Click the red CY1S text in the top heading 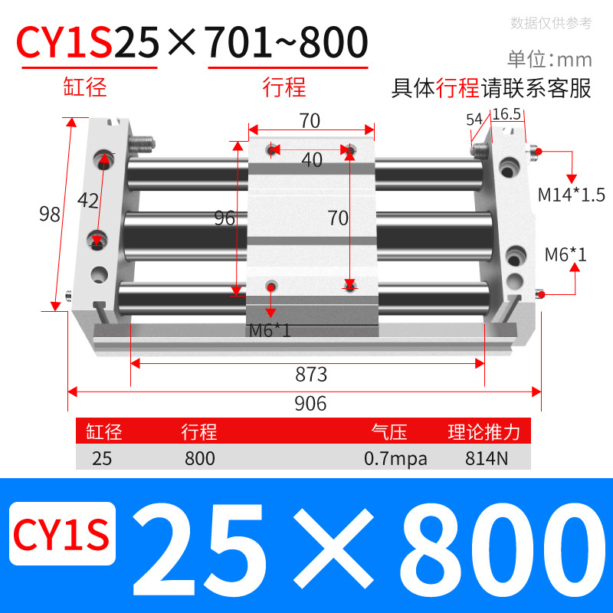tap(66, 44)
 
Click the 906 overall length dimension tap(310, 403)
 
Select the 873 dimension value tap(311, 375)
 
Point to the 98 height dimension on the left tap(50, 215)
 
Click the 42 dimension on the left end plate tap(89, 202)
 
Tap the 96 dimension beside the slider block tap(224, 218)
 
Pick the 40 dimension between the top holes tap(311, 160)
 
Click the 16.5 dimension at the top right tap(506, 114)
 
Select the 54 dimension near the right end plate tap(474, 120)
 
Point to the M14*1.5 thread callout tap(566, 195)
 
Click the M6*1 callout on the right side tap(565, 254)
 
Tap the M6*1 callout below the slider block tap(270, 331)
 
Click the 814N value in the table tap(484, 459)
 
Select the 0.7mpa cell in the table tap(395, 459)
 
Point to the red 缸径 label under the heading tap(85, 87)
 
